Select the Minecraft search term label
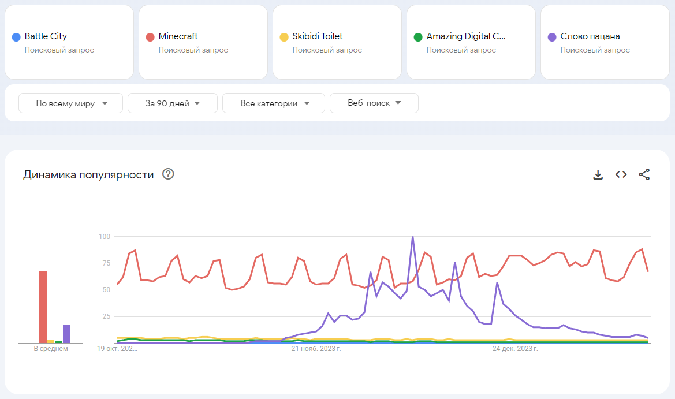pos(178,36)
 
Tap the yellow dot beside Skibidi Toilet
pos(284,37)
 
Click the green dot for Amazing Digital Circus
pos(418,37)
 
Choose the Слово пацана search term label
pos(590,36)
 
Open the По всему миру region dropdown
pos(71,103)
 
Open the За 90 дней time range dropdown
pos(173,103)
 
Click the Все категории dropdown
pos(274,103)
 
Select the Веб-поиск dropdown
pos(374,103)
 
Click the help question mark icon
pos(168,174)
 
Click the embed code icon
pos(621,174)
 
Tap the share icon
pos(644,174)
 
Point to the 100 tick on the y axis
pos(105,236)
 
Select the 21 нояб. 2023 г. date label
pos(316,349)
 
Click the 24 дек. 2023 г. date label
pos(515,349)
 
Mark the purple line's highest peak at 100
pos(413,237)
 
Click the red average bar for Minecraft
pos(43,307)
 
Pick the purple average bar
pos(66,334)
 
